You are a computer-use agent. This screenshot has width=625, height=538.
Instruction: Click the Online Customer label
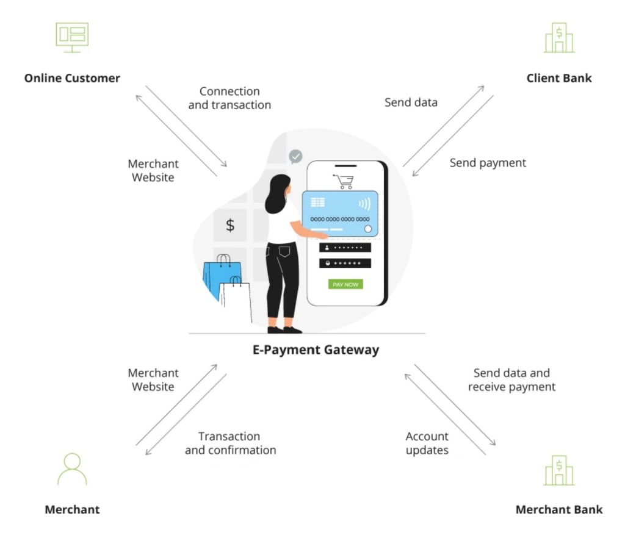(x=72, y=78)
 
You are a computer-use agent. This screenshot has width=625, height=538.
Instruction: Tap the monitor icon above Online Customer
(x=72, y=37)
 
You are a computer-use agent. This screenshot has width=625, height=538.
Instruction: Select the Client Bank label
(x=559, y=78)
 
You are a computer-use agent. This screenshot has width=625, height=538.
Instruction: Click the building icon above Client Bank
(x=559, y=38)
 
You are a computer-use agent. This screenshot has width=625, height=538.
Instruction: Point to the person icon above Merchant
(x=72, y=469)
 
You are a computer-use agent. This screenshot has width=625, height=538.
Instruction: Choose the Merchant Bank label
(x=559, y=509)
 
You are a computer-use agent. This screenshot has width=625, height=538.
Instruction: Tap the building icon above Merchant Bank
(x=559, y=470)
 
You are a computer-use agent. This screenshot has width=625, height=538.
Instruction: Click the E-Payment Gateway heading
(x=316, y=350)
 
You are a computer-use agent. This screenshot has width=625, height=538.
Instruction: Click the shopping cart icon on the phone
(x=343, y=181)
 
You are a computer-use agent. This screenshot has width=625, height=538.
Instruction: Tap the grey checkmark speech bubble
(x=295, y=157)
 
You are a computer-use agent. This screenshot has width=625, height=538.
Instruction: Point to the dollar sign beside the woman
(x=230, y=225)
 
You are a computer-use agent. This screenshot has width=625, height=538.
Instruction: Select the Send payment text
(x=488, y=163)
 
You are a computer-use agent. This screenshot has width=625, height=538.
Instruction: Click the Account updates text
(x=427, y=443)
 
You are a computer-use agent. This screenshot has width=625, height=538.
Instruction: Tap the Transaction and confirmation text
(x=230, y=443)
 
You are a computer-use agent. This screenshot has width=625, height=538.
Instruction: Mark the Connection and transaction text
(x=229, y=98)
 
